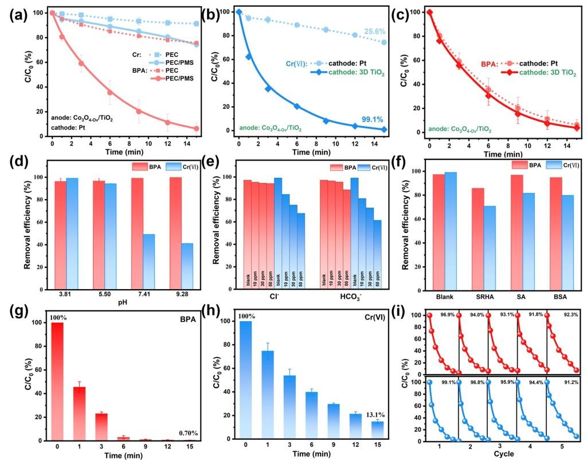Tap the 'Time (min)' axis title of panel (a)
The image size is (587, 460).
[127, 152]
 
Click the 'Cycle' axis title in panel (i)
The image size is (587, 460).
[504, 454]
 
